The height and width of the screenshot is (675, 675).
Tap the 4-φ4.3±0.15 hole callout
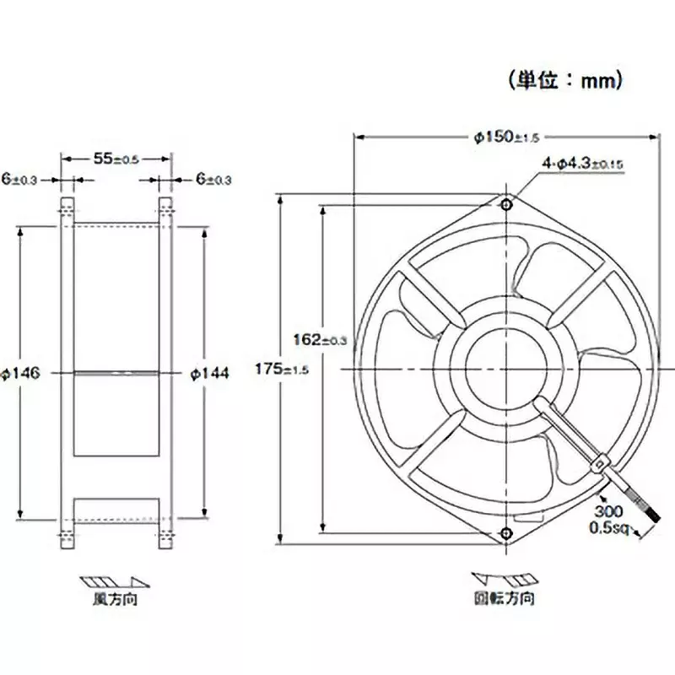pyautogui.click(x=582, y=164)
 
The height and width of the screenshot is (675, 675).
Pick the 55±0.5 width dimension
pyautogui.click(x=116, y=158)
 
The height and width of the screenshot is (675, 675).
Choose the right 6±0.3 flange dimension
pyautogui.click(x=213, y=179)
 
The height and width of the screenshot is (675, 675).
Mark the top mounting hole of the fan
pyautogui.click(x=505, y=204)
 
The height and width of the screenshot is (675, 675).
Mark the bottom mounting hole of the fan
pyautogui.click(x=505, y=532)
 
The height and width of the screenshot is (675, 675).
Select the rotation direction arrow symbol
pyautogui.click(x=503, y=580)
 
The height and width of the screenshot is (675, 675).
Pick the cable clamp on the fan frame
pyautogui.click(x=600, y=462)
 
